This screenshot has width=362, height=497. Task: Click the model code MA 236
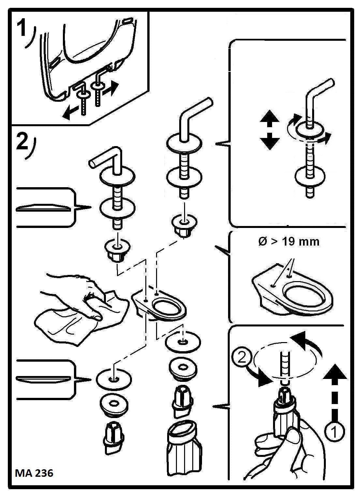pos(34,473)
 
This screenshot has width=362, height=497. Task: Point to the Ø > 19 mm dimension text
pos(289,242)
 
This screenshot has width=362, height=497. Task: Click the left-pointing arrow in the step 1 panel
pos(71,113)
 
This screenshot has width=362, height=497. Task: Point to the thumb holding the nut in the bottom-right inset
pos(293,437)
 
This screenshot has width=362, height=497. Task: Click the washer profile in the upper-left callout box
pos(43,208)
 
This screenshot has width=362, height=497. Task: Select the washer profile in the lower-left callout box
pos(43,379)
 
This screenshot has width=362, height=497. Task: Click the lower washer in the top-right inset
pos(310,176)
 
